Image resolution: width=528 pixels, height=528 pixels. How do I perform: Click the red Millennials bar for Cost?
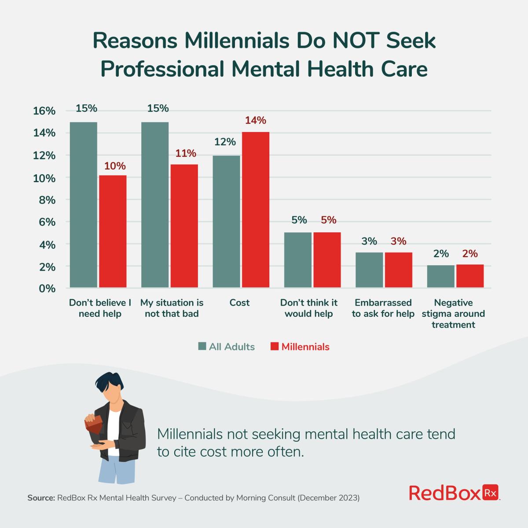(x=255, y=210)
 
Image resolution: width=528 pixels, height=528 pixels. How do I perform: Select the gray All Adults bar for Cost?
(x=226, y=222)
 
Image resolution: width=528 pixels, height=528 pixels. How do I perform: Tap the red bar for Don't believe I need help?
(x=113, y=231)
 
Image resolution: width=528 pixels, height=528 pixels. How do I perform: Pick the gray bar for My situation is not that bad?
(x=155, y=205)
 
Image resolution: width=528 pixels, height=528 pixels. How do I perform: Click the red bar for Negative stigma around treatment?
(x=469, y=276)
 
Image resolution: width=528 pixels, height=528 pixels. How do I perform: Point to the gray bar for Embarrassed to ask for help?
(x=369, y=270)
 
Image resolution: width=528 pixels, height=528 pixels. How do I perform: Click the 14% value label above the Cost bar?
(x=255, y=121)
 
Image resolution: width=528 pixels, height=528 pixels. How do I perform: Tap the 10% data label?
(x=114, y=166)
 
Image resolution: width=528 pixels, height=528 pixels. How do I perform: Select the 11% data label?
(x=185, y=154)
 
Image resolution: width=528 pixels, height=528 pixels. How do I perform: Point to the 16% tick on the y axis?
(x=44, y=111)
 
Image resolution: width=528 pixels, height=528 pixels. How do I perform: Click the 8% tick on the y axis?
(x=47, y=200)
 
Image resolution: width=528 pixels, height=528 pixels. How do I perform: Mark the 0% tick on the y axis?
(x=47, y=289)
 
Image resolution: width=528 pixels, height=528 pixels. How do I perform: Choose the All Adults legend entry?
(x=226, y=347)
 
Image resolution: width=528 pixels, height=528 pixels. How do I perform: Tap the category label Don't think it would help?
(x=309, y=308)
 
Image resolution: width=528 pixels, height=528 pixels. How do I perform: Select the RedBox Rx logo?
(x=455, y=493)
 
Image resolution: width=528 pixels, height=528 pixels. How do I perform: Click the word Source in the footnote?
(x=41, y=498)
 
